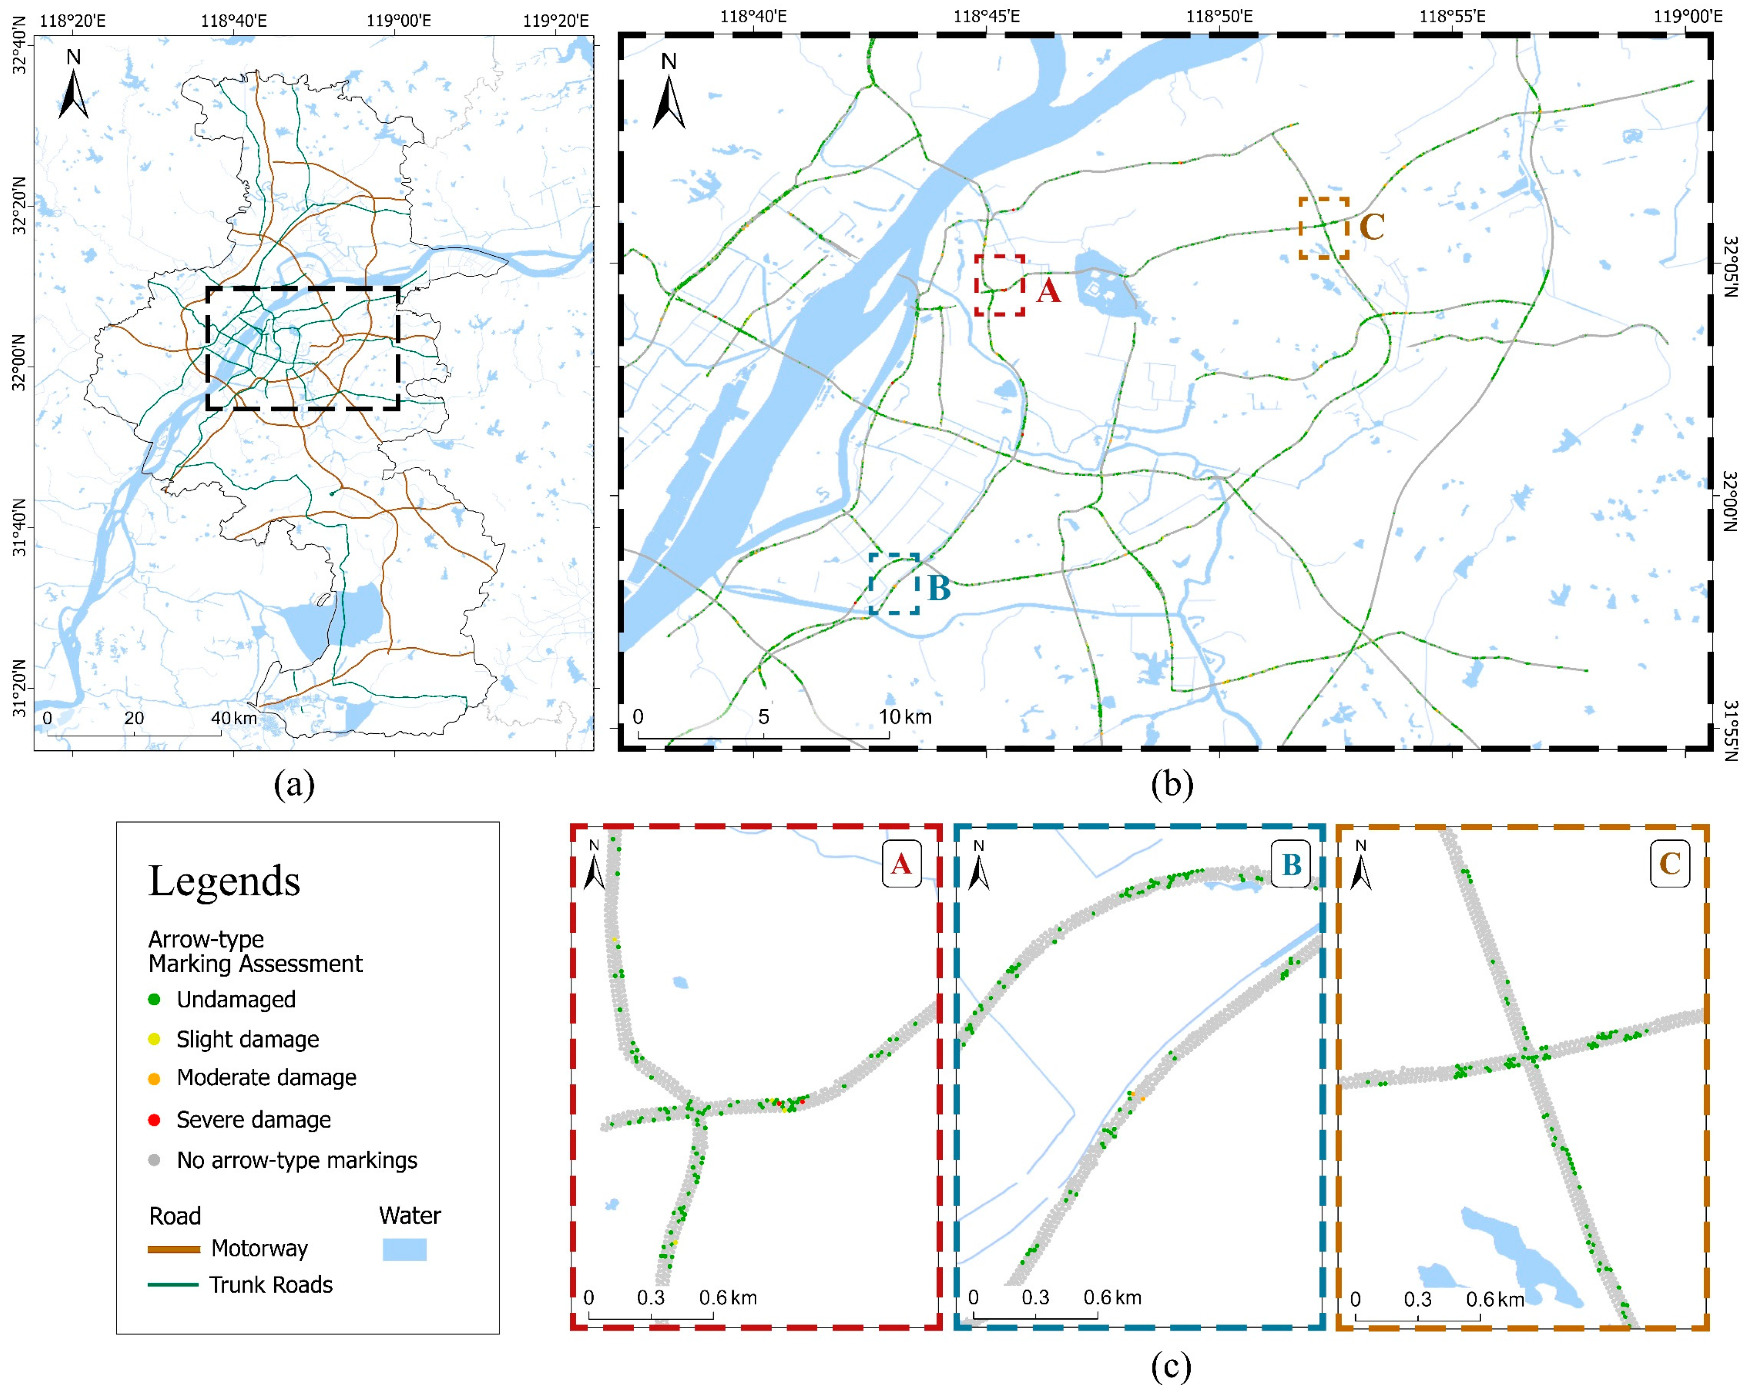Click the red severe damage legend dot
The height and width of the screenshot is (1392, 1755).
pyautogui.click(x=154, y=1119)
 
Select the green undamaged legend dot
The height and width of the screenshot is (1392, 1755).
pyautogui.click(x=154, y=999)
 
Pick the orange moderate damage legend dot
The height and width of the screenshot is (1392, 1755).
pyautogui.click(x=154, y=1078)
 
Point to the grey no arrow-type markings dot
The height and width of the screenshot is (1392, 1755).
pyautogui.click(x=154, y=1160)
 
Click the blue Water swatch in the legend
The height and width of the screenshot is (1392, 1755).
pyautogui.click(x=405, y=1250)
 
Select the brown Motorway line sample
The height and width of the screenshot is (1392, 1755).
pyautogui.click(x=173, y=1249)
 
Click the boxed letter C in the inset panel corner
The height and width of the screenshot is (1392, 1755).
pyautogui.click(x=1669, y=864)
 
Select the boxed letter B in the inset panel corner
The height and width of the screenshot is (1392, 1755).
pyautogui.click(x=1291, y=864)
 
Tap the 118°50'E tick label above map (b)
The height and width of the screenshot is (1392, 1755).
pyautogui.click(x=1219, y=16)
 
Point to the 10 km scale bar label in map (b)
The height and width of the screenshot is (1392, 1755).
pyautogui.click(x=904, y=716)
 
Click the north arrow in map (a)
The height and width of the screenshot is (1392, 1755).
pyautogui.click(x=73, y=86)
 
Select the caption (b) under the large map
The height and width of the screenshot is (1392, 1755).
pyautogui.click(x=1172, y=784)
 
